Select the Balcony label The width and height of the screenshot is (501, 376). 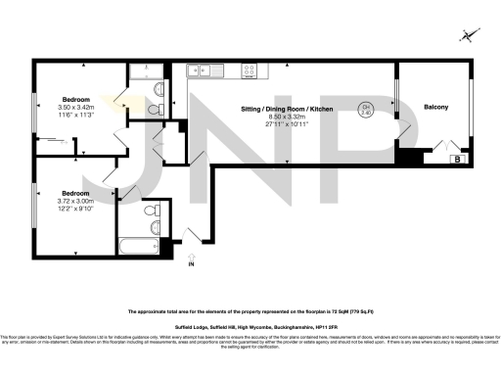click(434, 107)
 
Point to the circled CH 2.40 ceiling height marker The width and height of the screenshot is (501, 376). click(367, 110)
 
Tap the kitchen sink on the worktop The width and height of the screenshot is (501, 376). click(204, 70)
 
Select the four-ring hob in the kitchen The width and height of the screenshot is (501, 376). click(250, 70)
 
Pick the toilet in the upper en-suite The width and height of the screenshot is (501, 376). click(158, 89)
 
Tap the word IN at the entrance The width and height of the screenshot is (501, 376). click(192, 264)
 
